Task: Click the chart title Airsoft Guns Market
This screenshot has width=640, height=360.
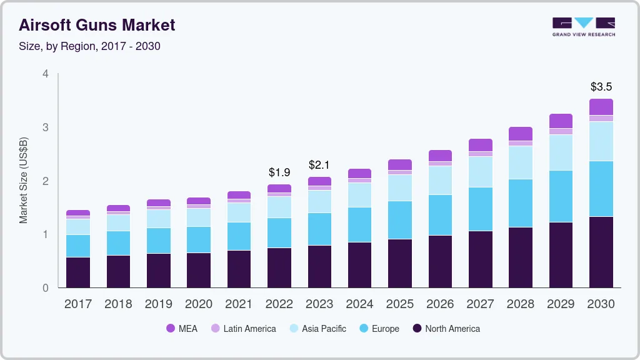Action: pyautogui.click(x=97, y=26)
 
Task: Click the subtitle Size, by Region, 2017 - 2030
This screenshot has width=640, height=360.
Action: pyautogui.click(x=89, y=46)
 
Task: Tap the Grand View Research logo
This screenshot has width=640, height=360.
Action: pyautogui.click(x=583, y=27)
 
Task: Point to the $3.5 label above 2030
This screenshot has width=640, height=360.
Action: pyautogui.click(x=601, y=87)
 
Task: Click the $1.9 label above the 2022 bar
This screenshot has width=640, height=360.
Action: pyautogui.click(x=279, y=172)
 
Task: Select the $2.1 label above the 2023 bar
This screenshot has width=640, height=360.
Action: pyautogui.click(x=319, y=165)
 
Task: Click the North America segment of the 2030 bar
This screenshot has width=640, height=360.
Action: pyautogui.click(x=601, y=252)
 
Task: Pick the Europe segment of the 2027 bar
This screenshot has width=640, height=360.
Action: pyautogui.click(x=480, y=209)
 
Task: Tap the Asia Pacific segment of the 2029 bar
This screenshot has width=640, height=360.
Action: pyautogui.click(x=561, y=152)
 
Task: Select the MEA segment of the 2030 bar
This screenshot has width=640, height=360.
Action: pyautogui.click(x=601, y=107)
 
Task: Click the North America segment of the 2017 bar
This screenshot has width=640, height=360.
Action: pyautogui.click(x=78, y=272)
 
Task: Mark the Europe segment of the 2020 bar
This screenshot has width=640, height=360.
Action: pyautogui.click(x=199, y=239)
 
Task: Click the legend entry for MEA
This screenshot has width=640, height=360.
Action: pyautogui.click(x=182, y=328)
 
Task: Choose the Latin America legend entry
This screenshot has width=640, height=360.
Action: pyautogui.click(x=243, y=328)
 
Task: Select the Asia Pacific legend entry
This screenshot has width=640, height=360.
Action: pyautogui.click(x=317, y=328)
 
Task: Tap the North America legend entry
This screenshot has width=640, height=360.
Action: pyautogui.click(x=446, y=328)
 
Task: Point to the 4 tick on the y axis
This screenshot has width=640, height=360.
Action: pyautogui.click(x=45, y=74)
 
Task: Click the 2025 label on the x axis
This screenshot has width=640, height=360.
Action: pyautogui.click(x=400, y=304)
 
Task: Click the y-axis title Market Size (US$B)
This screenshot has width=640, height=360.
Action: pyautogui.click(x=24, y=180)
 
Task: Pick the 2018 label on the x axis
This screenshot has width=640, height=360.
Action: pyautogui.click(x=118, y=304)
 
